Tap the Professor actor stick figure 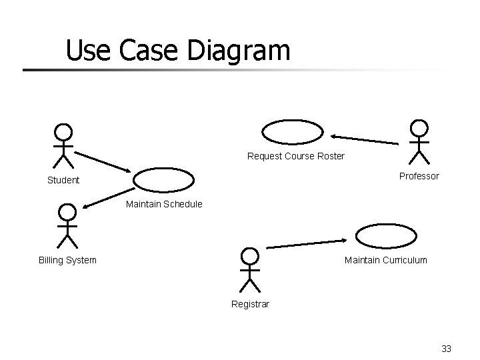click(x=419, y=142)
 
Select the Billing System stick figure click(x=67, y=225)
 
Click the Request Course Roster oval click(x=293, y=132)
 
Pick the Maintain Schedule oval click(x=164, y=179)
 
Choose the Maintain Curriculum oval click(x=386, y=236)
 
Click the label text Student click(x=63, y=180)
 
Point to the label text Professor click(x=419, y=176)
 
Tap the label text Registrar click(x=250, y=304)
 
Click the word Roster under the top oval click(x=331, y=157)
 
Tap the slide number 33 click(x=446, y=349)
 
